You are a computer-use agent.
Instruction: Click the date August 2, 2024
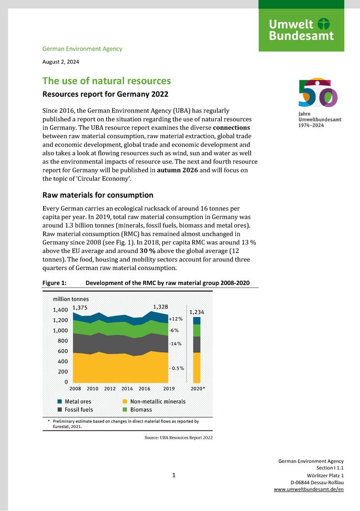pos(62,62)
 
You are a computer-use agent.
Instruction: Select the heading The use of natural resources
pos(106,81)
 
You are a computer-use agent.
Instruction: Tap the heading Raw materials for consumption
pos(97,195)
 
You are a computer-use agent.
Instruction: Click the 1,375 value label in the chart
pos(80,308)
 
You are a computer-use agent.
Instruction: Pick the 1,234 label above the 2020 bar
pos(197,312)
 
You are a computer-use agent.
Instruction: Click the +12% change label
pos(176,319)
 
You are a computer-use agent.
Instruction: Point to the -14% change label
pos(175,344)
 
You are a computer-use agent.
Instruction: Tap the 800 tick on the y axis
pos(63,341)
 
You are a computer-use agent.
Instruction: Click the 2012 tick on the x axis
pos(110,389)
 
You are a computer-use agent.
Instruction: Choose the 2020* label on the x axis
pos(197,389)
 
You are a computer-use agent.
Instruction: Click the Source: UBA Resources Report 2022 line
pos(178,437)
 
